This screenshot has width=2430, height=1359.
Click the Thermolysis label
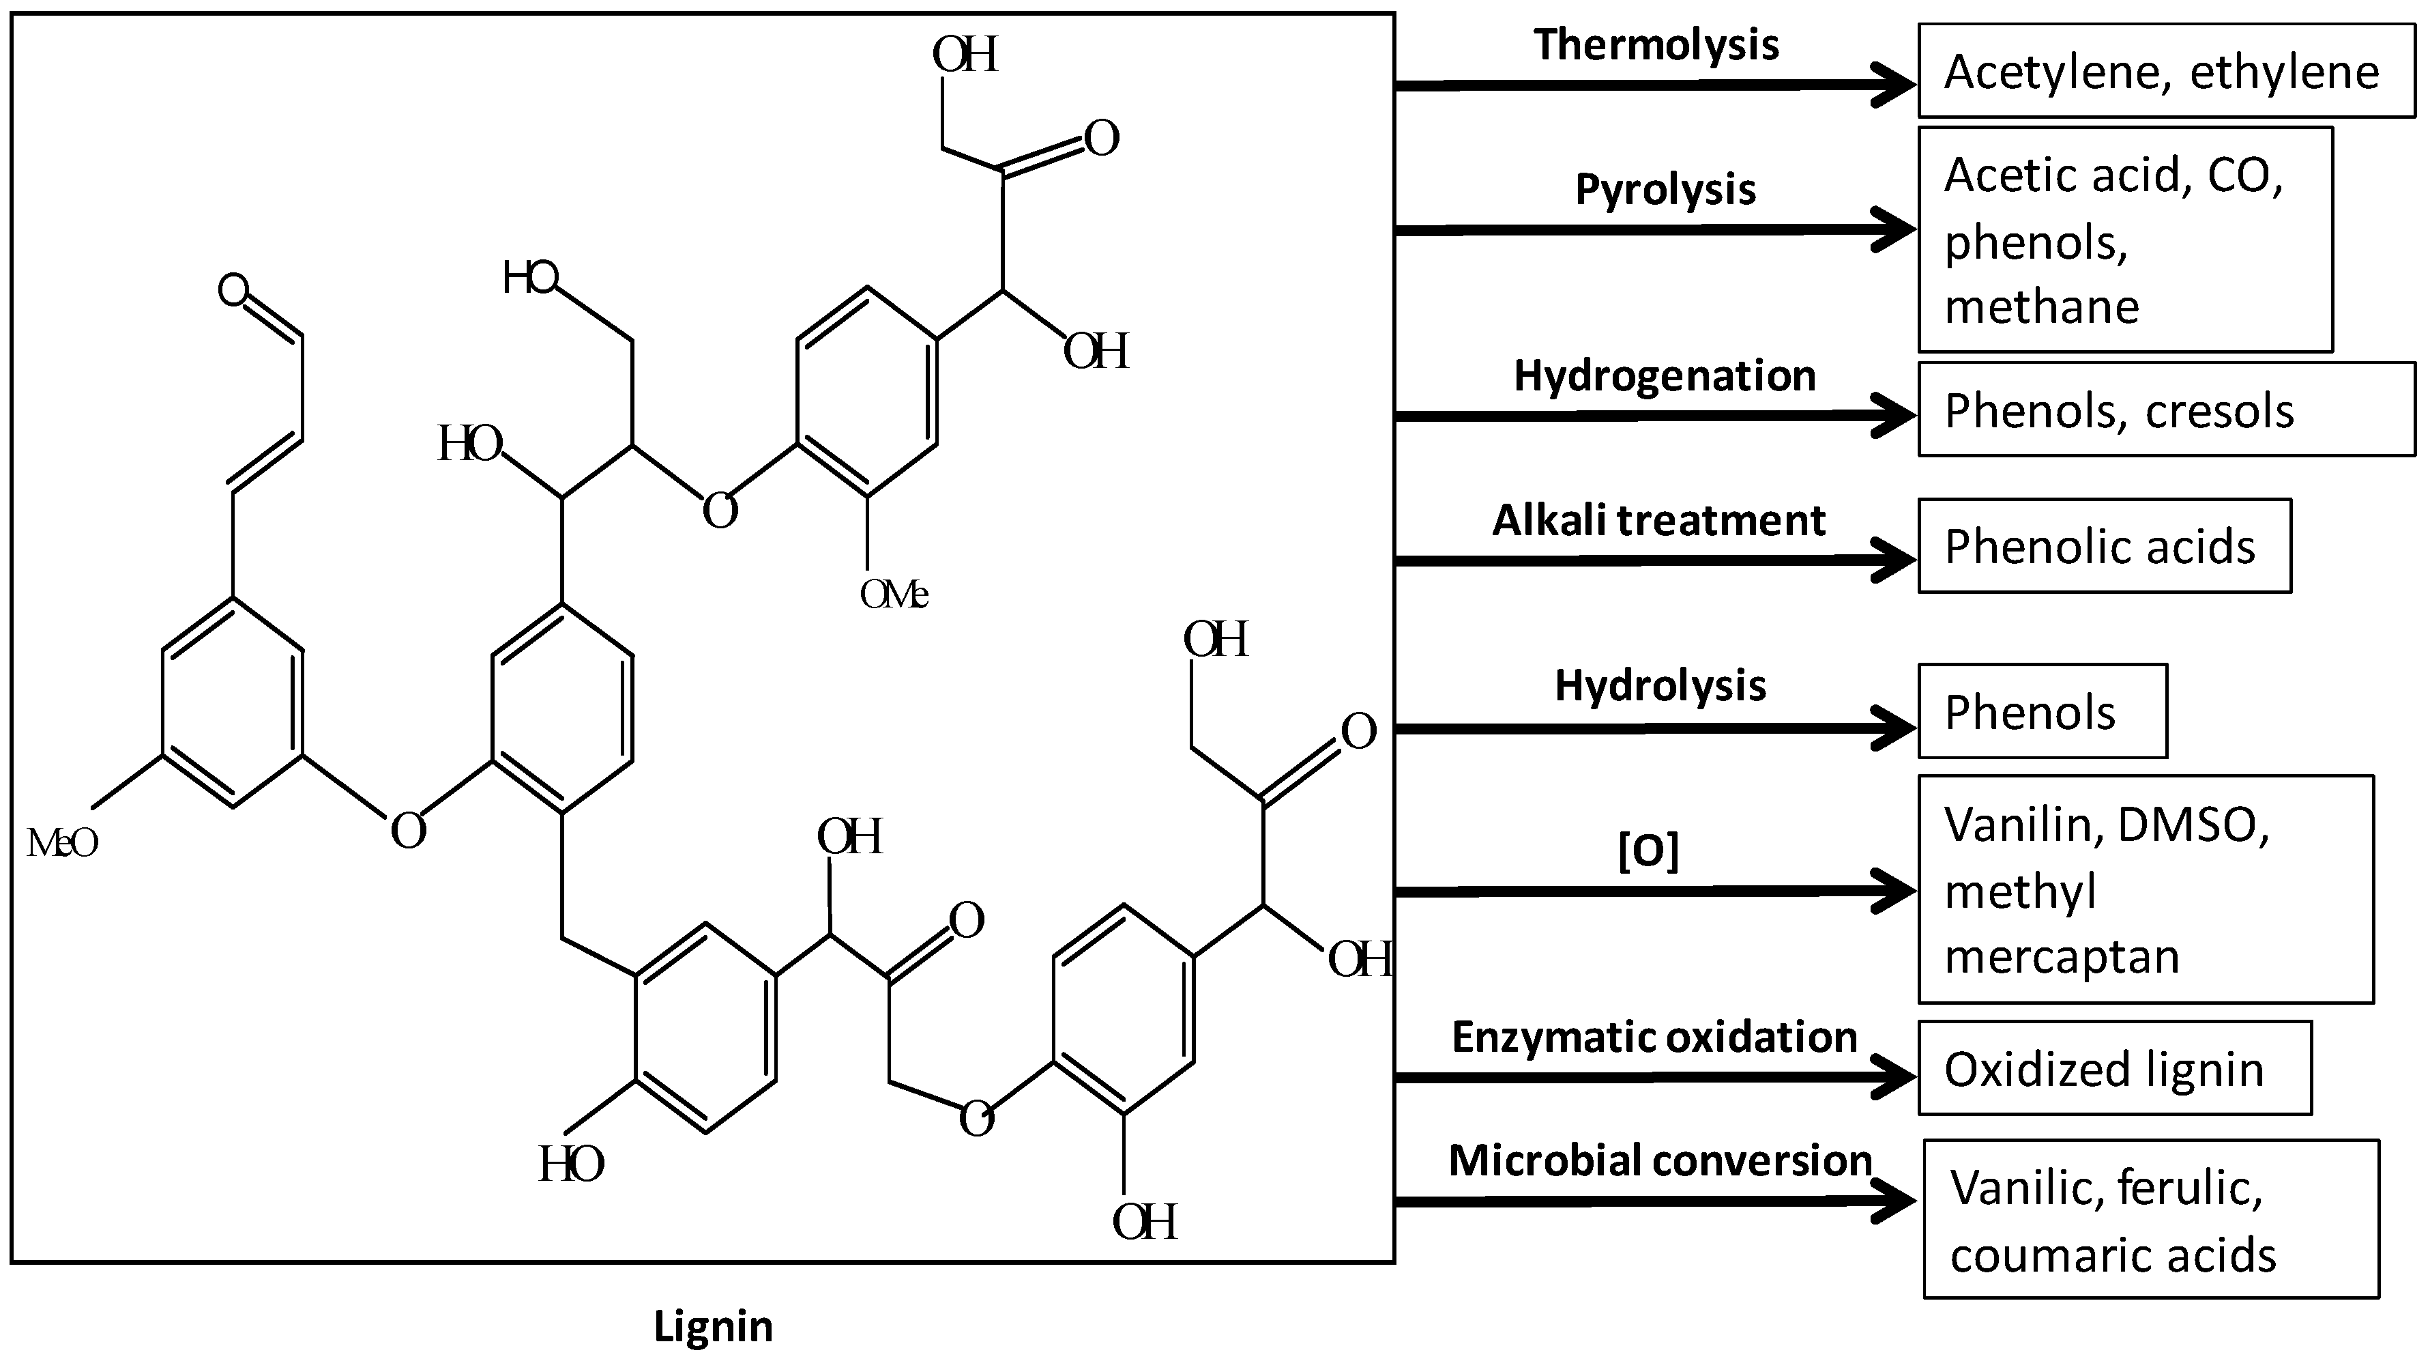point(1656,45)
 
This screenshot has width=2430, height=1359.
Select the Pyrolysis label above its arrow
point(1665,190)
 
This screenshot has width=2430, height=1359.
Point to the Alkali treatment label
point(1658,521)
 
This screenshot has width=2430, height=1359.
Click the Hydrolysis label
point(1660,686)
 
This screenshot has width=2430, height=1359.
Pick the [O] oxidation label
point(1649,851)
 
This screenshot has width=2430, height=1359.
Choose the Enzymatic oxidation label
point(1654,1038)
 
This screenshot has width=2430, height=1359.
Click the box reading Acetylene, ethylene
point(2166,72)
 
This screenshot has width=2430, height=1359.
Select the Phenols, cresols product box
point(2166,410)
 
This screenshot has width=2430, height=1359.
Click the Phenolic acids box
point(2104,547)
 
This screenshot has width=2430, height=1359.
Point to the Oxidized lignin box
point(2114,1070)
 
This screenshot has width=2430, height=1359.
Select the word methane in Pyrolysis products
point(2041,306)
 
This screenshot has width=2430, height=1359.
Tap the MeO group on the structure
point(62,843)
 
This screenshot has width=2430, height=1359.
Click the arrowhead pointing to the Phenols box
point(1894,728)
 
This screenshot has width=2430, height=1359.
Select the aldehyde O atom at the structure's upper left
point(233,289)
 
